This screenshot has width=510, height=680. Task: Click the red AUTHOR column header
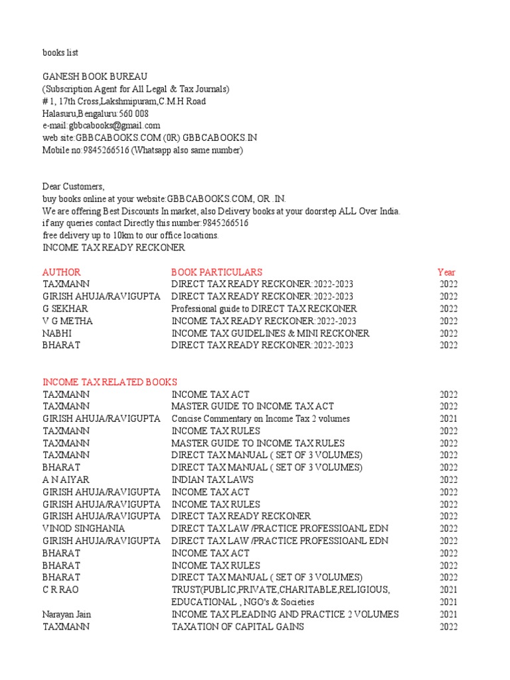coord(62,272)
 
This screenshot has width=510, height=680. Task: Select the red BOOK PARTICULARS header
coord(216,272)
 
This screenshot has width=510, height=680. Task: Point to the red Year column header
coord(446,272)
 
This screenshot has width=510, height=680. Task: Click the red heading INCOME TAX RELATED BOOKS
coord(110,382)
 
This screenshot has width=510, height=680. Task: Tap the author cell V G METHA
coord(68,321)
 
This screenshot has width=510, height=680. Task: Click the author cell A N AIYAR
coord(66,479)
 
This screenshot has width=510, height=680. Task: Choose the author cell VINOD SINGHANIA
coord(84,529)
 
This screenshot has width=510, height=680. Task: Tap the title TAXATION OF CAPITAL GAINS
coord(238,626)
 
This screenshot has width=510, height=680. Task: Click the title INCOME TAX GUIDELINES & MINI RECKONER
coord(270,333)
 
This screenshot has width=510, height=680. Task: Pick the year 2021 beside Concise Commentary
coord(448,418)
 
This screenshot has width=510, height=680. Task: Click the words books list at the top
coord(60,52)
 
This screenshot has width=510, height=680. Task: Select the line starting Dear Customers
coord(74,187)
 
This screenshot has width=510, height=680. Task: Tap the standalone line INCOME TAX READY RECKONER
coord(114,248)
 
